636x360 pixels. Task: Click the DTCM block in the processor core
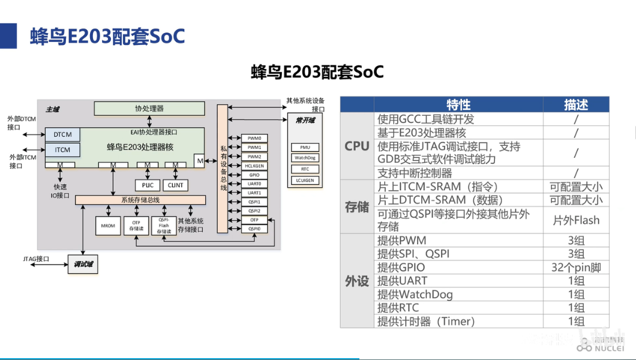[62, 134]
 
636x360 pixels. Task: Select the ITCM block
[62, 150]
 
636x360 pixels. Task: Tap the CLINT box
[176, 185]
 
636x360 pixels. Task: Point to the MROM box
[109, 226]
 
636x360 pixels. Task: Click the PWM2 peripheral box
[254, 156]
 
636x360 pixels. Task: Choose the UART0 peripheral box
[254, 184]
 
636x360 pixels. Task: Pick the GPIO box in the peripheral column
[254, 175]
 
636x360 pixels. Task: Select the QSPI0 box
[254, 229]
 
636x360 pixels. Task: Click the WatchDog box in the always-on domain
[305, 158]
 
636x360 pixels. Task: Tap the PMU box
[305, 147]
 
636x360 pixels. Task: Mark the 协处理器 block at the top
[149, 109]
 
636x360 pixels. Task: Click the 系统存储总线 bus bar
[140, 200]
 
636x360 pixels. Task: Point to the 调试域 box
[83, 264]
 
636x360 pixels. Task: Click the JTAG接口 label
[36, 259]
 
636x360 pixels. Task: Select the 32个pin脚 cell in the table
[576, 268]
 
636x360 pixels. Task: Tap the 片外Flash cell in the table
[576, 220]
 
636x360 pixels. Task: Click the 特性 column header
[458, 105]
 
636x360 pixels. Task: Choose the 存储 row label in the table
[356, 207]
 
